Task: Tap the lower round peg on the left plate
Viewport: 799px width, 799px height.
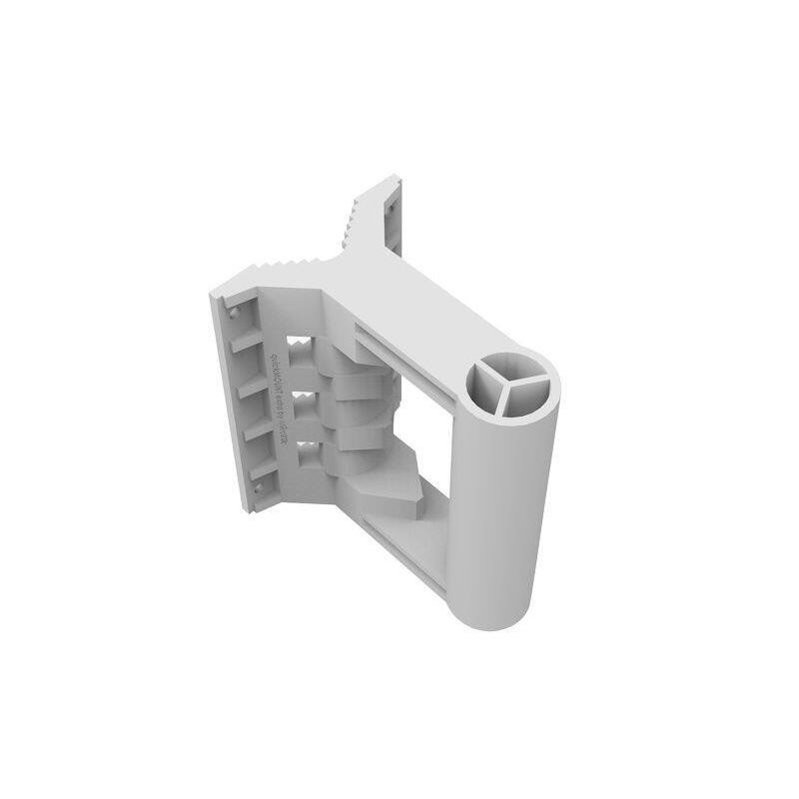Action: coord(258,488)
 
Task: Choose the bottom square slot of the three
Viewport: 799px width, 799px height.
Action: coord(307,454)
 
